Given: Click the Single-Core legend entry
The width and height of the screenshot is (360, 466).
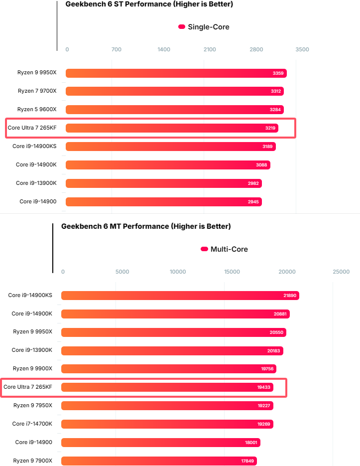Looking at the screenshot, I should [204, 27].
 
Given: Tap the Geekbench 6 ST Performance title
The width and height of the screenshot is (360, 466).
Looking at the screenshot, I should [149, 4].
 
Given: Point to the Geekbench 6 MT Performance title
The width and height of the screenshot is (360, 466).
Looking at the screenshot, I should [146, 226].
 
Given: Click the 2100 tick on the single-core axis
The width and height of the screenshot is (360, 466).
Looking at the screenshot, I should [210, 49].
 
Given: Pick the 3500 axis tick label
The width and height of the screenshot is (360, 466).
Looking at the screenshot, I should [302, 49].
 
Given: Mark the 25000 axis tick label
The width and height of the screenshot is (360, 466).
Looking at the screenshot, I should [341, 272].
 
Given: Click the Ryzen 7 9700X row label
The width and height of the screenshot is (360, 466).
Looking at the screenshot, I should [37, 91].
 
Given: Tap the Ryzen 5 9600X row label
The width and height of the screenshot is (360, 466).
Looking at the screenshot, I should [37, 110].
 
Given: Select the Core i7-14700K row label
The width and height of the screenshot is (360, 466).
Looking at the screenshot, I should [32, 424].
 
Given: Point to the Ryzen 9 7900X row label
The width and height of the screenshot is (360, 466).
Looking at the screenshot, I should [32, 461].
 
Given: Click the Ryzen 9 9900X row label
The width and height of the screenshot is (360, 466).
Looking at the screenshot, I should [32, 369].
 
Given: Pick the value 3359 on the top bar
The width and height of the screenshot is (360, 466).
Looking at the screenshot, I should [278, 73].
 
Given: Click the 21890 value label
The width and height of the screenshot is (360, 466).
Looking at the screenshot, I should [290, 296].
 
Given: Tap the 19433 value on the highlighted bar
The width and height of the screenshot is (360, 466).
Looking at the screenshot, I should [264, 387].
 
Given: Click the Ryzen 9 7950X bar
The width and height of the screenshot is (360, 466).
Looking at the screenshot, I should [167, 406].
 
